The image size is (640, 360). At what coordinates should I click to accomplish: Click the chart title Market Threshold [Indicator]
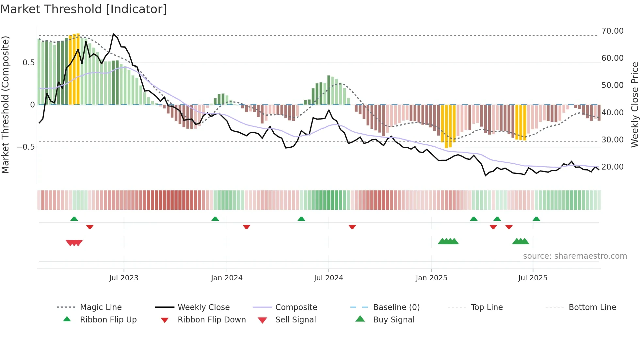84,9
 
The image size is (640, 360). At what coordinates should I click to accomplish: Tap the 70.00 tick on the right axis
612,31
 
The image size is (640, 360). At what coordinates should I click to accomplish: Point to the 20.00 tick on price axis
612,167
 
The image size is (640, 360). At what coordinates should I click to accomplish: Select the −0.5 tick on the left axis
26,147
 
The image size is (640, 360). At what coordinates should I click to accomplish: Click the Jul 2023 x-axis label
124,278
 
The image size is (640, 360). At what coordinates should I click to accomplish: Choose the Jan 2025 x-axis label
431,278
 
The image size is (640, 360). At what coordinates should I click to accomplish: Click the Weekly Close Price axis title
634,105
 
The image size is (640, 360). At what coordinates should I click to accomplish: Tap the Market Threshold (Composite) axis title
5,105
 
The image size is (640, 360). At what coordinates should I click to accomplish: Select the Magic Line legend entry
101,307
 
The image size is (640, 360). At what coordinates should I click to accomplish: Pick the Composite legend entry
296,307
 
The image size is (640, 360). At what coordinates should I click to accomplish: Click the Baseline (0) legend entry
396,307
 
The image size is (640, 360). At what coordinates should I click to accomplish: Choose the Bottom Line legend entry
592,307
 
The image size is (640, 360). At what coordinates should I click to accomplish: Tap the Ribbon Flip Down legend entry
212,320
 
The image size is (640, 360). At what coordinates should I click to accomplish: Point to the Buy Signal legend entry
393,320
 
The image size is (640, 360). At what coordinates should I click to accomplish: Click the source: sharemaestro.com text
575,256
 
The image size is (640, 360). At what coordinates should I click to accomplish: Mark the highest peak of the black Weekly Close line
113,34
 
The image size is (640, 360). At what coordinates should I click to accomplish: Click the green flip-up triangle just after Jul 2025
536,219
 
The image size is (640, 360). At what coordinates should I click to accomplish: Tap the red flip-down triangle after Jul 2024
352,227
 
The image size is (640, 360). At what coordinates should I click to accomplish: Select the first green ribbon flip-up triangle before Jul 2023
74,219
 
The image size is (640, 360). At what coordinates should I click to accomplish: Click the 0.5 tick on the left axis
29,63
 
